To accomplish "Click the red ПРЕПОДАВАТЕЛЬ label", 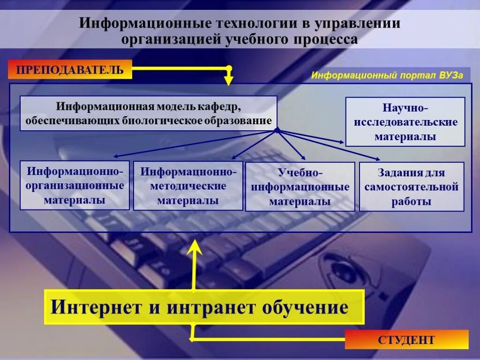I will pyautogui.click(x=70, y=70).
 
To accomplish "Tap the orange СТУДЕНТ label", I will pyautogui.click(x=406, y=339).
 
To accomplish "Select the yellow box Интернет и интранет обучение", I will pyautogui.click(x=204, y=307).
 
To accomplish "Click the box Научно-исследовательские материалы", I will pyautogui.click(x=405, y=122).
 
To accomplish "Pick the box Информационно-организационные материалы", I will pyautogui.click(x=75, y=185).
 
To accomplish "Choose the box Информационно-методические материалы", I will pyautogui.click(x=188, y=186).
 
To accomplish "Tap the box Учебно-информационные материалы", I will pyautogui.click(x=300, y=187).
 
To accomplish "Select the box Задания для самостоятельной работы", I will pyautogui.click(x=412, y=187).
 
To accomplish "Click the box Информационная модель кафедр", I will pyautogui.click(x=149, y=113).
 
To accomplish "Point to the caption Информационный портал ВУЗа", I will pyautogui.click(x=387, y=75).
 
